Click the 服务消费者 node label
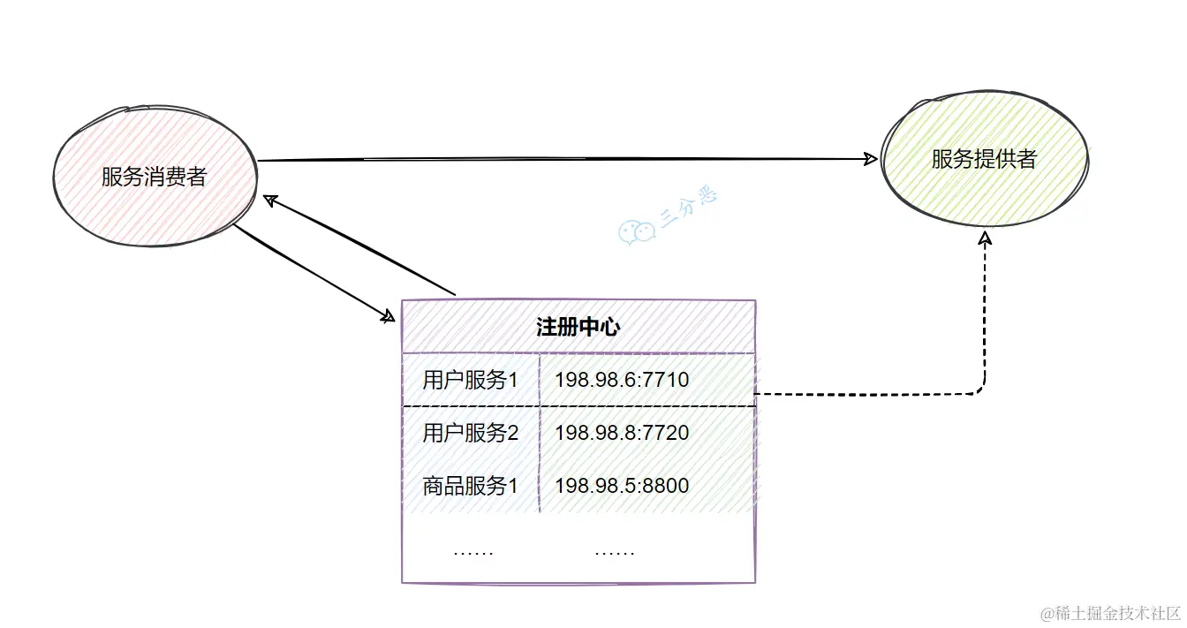[154, 177]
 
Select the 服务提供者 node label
[984, 159]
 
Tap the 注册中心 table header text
[578, 328]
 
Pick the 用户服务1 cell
[470, 381]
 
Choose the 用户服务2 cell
[470, 434]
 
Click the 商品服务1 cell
[470, 486]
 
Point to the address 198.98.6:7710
[622, 381]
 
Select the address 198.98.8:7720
[622, 434]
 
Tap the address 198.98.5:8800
[622, 486]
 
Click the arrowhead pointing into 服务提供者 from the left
[871, 159]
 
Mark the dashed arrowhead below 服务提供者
[986, 239]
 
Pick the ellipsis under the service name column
[473, 553]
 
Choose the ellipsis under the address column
[614, 553]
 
